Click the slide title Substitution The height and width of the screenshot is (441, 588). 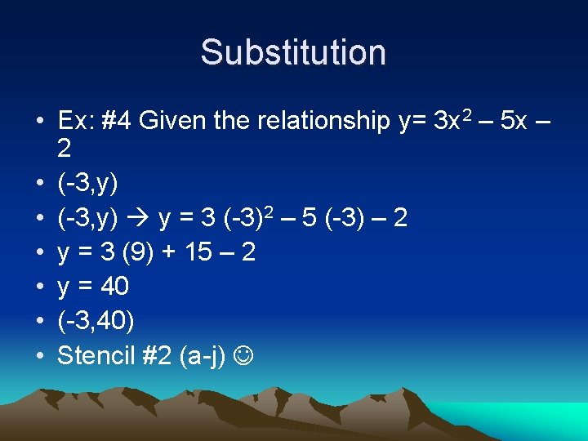(293, 52)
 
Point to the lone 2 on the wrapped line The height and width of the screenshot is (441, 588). (65, 149)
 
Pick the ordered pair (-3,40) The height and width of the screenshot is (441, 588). (96, 321)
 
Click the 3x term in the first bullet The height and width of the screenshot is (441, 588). (448, 122)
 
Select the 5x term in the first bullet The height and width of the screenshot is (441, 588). (513, 122)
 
